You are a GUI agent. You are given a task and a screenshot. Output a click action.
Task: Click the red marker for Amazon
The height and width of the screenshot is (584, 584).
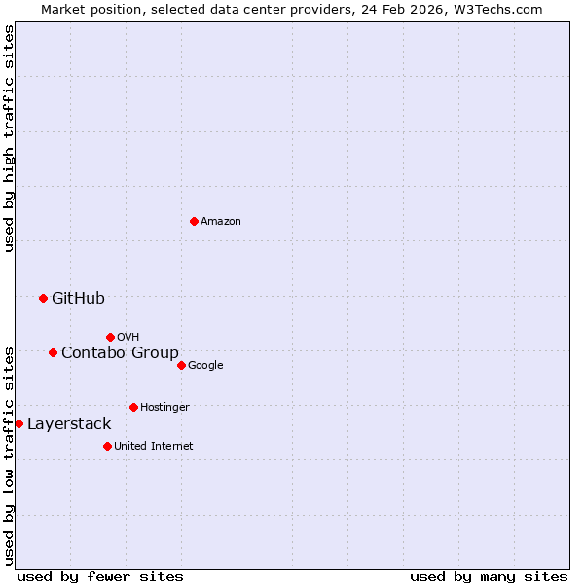pyautogui.click(x=194, y=222)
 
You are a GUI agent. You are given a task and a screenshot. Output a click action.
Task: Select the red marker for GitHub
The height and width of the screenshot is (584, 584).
pyautogui.click(x=43, y=298)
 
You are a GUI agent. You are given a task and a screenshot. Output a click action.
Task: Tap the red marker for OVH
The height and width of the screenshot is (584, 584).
pyautogui.click(x=110, y=337)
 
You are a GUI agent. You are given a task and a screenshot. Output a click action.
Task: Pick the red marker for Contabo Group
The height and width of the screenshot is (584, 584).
pyautogui.click(x=53, y=352)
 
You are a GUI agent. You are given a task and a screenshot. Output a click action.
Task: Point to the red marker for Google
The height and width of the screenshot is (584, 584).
pyautogui.click(x=181, y=365)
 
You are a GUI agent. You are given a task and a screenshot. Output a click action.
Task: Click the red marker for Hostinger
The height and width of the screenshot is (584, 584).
pyautogui.click(x=133, y=407)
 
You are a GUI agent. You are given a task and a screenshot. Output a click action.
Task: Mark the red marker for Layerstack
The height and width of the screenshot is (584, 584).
pyautogui.click(x=18, y=423)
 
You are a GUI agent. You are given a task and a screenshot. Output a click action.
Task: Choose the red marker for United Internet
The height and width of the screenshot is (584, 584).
pyautogui.click(x=107, y=446)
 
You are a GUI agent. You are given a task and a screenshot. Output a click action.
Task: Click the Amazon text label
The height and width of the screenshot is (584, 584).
pyautogui.click(x=221, y=222)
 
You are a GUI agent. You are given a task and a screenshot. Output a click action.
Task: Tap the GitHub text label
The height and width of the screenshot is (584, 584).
pyautogui.click(x=78, y=299)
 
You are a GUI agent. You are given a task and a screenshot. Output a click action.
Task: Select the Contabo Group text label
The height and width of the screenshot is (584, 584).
pyautogui.click(x=120, y=353)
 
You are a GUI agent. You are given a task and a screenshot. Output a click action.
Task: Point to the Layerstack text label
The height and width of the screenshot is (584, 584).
pyautogui.click(x=69, y=424)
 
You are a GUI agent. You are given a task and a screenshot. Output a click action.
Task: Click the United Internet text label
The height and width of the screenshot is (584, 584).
pyautogui.click(x=154, y=447)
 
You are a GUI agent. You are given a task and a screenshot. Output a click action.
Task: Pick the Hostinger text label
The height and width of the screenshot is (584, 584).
pyautogui.click(x=164, y=408)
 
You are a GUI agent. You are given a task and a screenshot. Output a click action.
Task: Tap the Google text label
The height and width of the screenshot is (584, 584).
pyautogui.click(x=205, y=366)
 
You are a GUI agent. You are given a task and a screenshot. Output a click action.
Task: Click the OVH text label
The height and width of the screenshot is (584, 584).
pyautogui.click(x=128, y=338)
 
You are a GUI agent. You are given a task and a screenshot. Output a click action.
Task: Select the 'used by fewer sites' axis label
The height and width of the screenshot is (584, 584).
pyautogui.click(x=100, y=576)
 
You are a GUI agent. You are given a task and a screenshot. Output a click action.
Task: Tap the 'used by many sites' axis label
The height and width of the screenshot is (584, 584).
pyautogui.click(x=489, y=576)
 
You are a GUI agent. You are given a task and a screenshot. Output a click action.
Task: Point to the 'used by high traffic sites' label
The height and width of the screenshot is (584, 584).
pyautogui.click(x=9, y=138)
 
